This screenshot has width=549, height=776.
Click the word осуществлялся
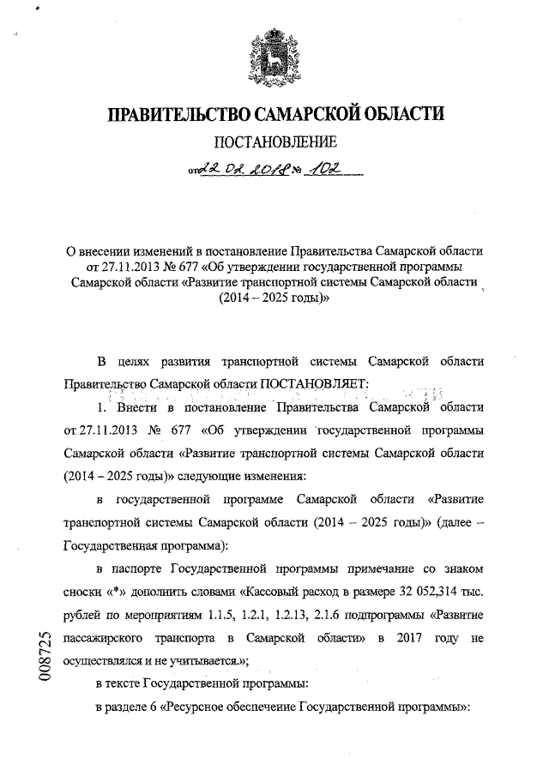coord(105,661)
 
